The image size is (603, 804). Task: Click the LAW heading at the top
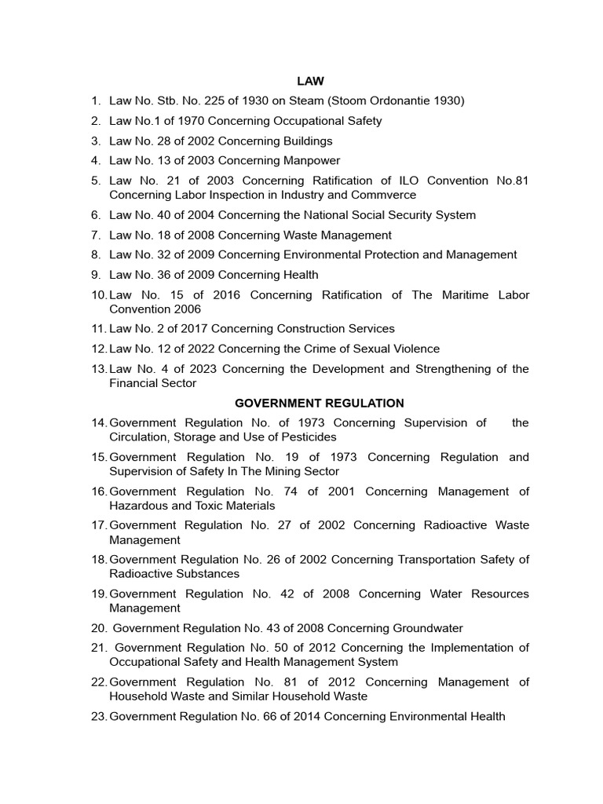pyautogui.click(x=310, y=81)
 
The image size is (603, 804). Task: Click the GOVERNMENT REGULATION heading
pyautogui.click(x=320, y=403)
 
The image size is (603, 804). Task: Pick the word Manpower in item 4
pyautogui.click(x=306, y=161)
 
